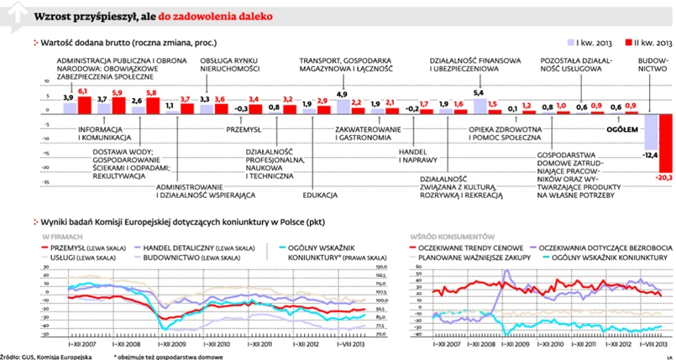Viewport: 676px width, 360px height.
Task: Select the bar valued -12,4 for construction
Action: (651, 132)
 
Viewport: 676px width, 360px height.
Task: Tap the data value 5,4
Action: (479, 93)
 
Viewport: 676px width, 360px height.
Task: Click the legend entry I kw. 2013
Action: (594, 39)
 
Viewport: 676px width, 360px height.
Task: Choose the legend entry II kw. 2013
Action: (647, 39)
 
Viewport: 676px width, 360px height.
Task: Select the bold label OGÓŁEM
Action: (622, 128)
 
